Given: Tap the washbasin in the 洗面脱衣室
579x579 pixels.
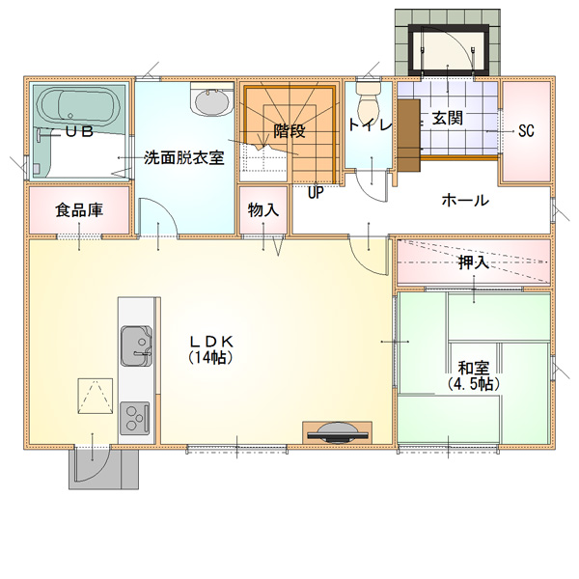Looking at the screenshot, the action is [x=212, y=99].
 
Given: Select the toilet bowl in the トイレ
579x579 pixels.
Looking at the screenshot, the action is [x=369, y=100].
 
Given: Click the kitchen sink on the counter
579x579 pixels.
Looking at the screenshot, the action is [x=136, y=346].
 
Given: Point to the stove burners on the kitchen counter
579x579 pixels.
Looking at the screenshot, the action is [x=135, y=418].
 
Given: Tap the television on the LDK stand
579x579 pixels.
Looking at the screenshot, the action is [x=338, y=432].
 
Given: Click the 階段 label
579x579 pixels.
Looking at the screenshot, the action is [x=289, y=130].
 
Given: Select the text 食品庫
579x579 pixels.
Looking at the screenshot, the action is [x=79, y=210].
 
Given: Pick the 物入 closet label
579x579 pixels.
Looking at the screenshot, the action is [x=263, y=210].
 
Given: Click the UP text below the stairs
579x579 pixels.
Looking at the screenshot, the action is [x=316, y=192].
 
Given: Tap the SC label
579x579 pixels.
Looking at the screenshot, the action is [x=526, y=130].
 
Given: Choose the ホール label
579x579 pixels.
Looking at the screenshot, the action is [x=465, y=200].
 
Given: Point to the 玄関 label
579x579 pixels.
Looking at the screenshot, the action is [x=448, y=118].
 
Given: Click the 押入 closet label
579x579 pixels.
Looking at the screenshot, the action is [x=474, y=262].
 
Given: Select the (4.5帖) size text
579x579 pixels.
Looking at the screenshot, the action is [x=474, y=384].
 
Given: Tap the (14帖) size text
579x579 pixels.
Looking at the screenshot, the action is [x=210, y=357].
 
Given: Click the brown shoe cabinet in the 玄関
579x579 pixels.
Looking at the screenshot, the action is [x=409, y=135].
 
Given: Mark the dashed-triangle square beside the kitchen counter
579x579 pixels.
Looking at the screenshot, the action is [x=96, y=396].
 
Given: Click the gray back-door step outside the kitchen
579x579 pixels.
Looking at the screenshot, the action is [x=104, y=468].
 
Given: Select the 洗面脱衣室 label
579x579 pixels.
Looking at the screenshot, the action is [x=184, y=157].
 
